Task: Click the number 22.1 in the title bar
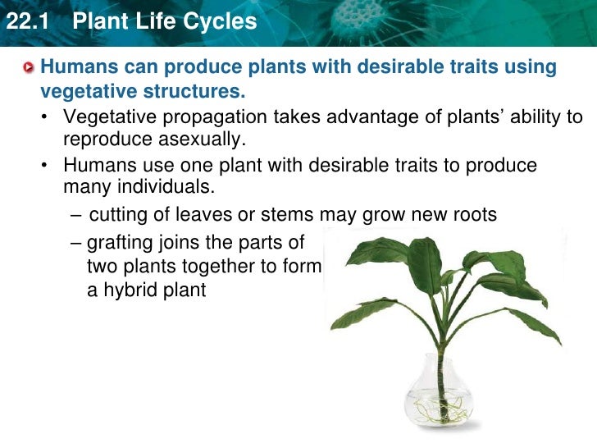tap(27, 21)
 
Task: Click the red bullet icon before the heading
tap(30, 67)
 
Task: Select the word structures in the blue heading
tap(197, 89)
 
